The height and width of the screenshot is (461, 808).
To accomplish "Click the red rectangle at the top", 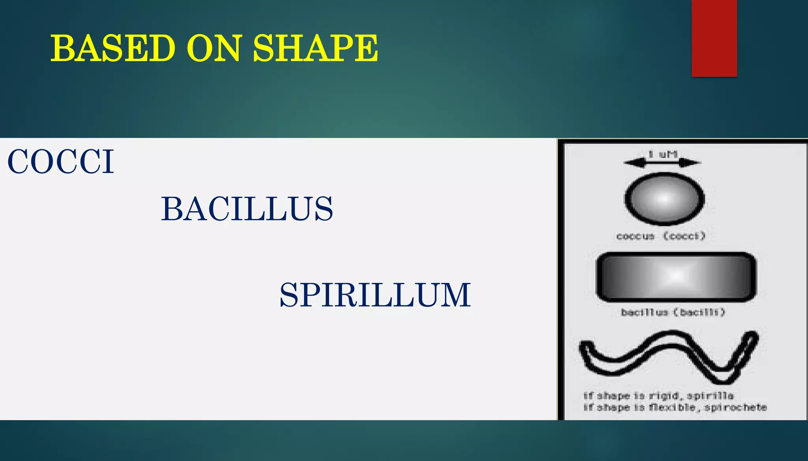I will point(714,38).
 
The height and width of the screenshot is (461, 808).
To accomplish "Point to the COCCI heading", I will point(61,162).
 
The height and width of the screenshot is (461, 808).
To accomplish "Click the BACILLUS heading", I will point(247,209).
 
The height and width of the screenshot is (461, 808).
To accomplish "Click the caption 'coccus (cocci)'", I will point(661,236).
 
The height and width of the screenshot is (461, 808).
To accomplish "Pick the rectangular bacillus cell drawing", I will point(676,277).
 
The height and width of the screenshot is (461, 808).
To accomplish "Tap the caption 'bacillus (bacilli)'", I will point(673,312).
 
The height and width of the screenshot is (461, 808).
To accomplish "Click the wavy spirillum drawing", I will point(668,357).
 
